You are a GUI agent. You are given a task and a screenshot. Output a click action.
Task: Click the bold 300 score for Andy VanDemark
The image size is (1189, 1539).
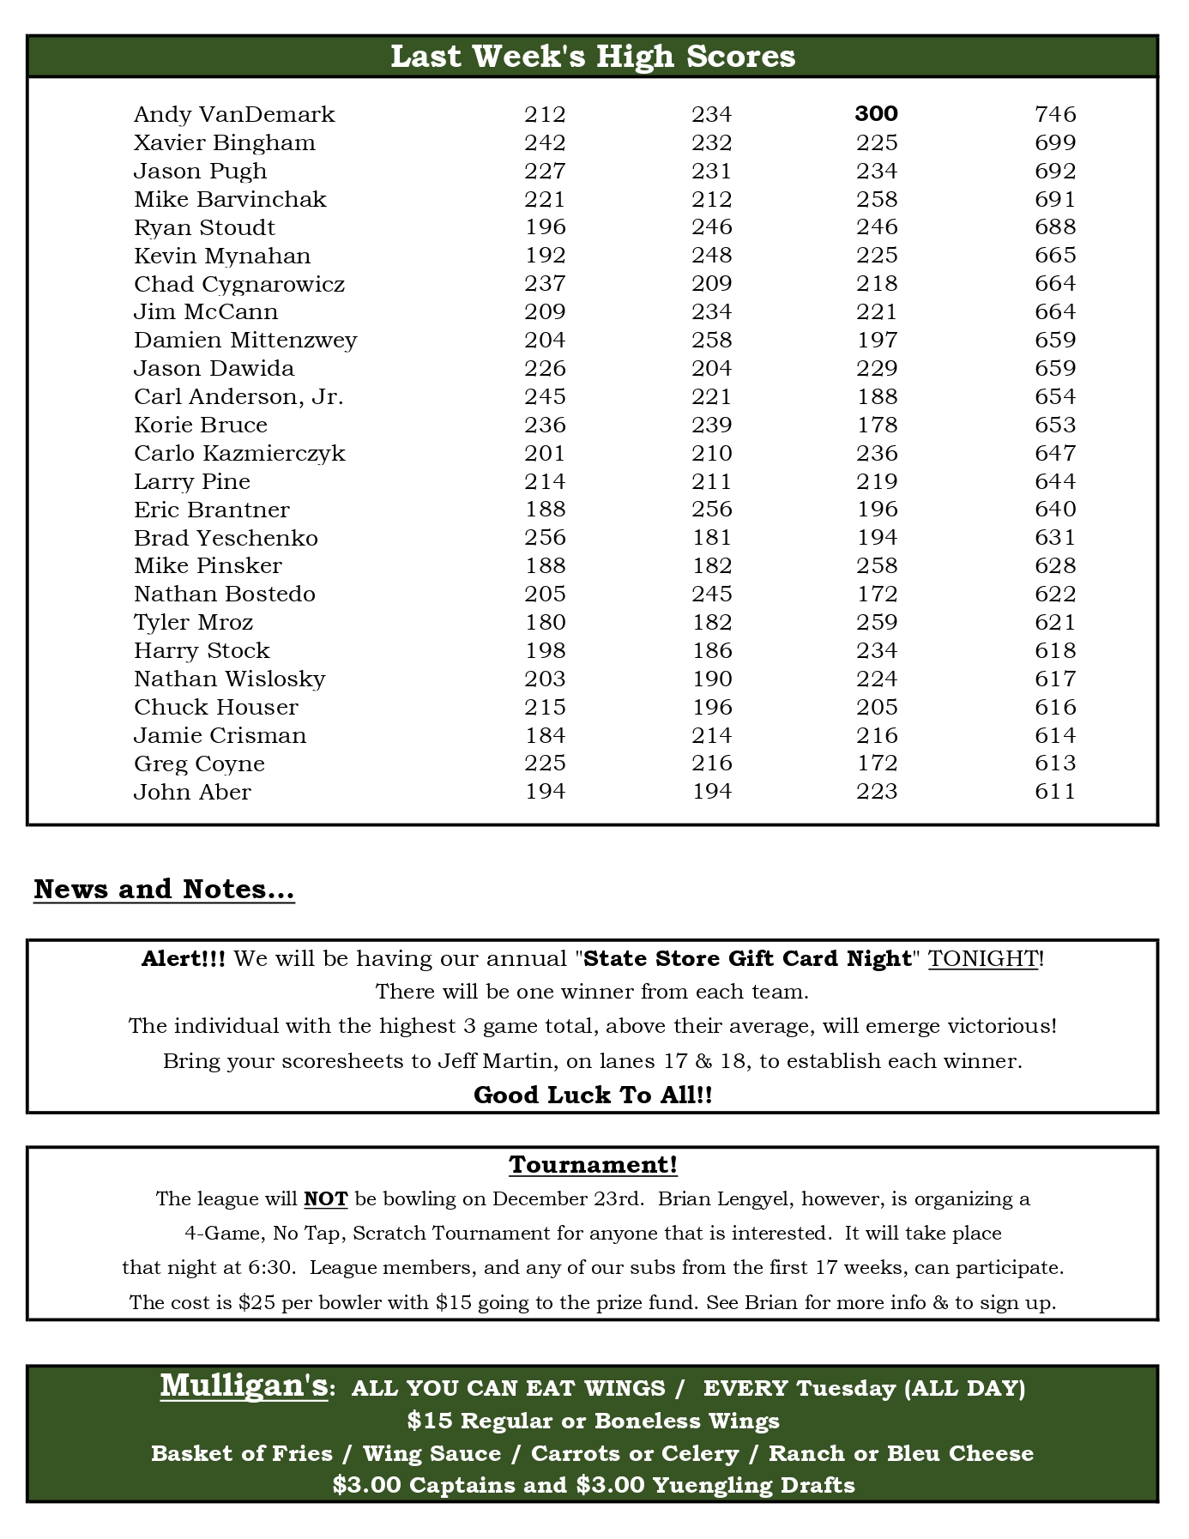pyautogui.click(x=876, y=114)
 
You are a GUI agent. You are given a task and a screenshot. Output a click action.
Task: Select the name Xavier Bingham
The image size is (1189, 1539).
pyautogui.click(x=225, y=142)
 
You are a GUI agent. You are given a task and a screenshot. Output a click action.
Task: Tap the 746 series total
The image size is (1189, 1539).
pyautogui.click(x=1055, y=114)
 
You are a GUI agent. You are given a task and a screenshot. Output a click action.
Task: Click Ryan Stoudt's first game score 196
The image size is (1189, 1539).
pyautogui.click(x=545, y=227)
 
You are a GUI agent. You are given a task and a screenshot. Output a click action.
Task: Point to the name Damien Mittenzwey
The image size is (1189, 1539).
pyautogui.click(x=245, y=341)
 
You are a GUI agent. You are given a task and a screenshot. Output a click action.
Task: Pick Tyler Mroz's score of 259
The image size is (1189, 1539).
pyautogui.click(x=877, y=622)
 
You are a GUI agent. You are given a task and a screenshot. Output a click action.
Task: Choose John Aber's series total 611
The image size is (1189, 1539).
pyautogui.click(x=1055, y=792)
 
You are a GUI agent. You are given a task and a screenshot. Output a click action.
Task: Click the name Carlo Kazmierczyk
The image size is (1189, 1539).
pyautogui.click(x=239, y=453)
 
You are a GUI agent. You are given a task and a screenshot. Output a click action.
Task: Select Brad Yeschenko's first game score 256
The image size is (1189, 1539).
pyautogui.click(x=545, y=538)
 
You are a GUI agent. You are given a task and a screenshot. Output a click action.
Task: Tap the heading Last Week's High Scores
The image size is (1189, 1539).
pyautogui.click(x=593, y=57)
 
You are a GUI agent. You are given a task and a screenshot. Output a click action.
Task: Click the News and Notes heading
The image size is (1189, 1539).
pyautogui.click(x=164, y=890)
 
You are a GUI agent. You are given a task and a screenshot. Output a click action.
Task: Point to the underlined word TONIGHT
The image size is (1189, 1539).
pyautogui.click(x=983, y=958)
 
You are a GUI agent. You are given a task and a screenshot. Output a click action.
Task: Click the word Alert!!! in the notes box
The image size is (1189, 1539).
pyautogui.click(x=184, y=958)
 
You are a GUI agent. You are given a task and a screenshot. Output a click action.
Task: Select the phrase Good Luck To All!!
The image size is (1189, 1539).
pyautogui.click(x=593, y=1095)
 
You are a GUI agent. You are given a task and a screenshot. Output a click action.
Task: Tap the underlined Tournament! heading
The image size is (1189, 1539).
pyautogui.click(x=593, y=1164)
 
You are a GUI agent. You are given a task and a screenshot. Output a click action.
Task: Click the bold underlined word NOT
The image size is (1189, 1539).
pyautogui.click(x=325, y=1198)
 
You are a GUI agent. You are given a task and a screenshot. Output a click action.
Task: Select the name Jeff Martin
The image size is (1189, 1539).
pyautogui.click(x=493, y=1061)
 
